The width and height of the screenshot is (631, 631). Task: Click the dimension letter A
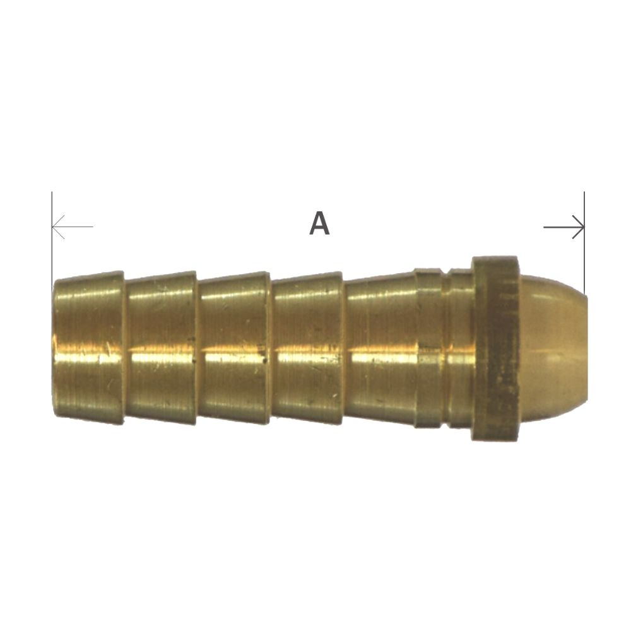(x=319, y=224)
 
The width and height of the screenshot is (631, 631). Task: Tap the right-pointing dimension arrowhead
(x=579, y=227)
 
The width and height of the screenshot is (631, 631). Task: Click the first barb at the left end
(x=88, y=347)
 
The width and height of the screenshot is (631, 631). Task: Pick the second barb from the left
(x=162, y=347)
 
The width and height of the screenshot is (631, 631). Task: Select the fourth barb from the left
(x=308, y=347)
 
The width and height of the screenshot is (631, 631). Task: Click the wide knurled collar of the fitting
(x=496, y=347)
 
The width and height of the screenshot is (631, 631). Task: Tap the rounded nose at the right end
(x=552, y=347)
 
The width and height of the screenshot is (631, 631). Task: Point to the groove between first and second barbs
(x=125, y=347)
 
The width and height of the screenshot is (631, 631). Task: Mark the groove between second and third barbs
(x=198, y=347)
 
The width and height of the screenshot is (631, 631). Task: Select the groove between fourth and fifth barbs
(x=345, y=347)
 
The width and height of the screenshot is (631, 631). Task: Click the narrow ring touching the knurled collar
(x=460, y=347)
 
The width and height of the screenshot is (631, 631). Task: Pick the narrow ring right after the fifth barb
(x=428, y=347)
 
